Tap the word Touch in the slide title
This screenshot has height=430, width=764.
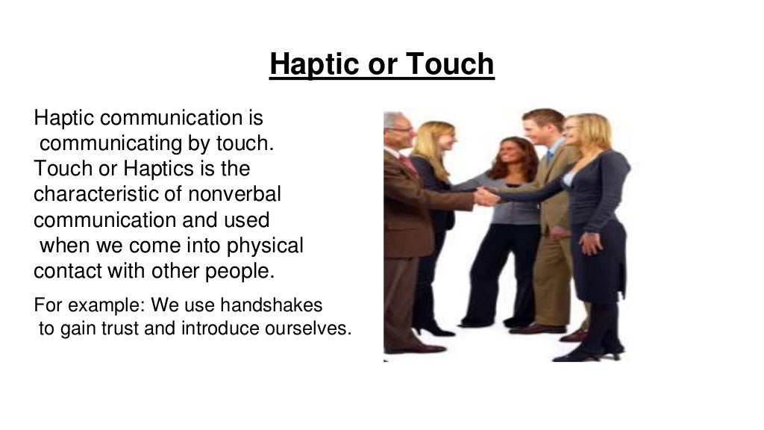451,64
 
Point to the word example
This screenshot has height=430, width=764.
93,305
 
